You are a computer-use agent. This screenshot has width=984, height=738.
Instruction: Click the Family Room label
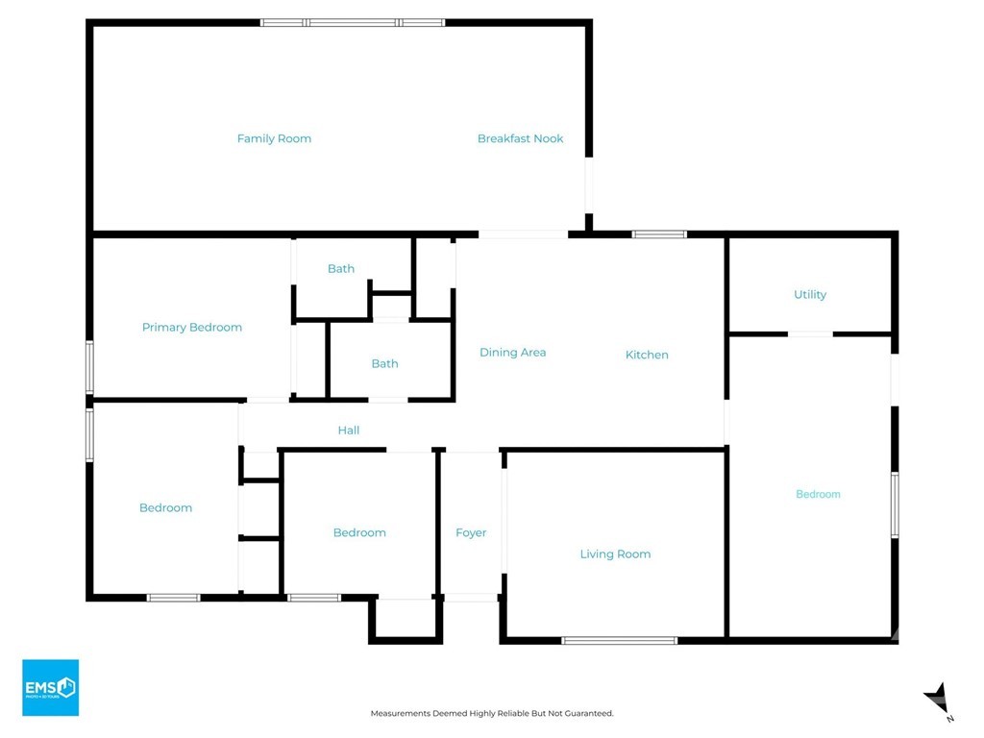pyautogui.click(x=274, y=138)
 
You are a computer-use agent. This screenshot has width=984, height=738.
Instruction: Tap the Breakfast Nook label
pyautogui.click(x=520, y=138)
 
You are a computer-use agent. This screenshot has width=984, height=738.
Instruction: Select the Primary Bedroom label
pyautogui.click(x=192, y=327)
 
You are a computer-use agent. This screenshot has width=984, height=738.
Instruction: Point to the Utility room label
pyautogui.click(x=810, y=294)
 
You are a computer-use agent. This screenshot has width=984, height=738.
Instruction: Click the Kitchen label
pyautogui.click(x=647, y=355)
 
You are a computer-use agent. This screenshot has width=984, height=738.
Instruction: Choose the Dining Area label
pyautogui.click(x=513, y=353)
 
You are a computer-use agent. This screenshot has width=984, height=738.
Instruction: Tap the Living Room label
pyautogui.click(x=615, y=554)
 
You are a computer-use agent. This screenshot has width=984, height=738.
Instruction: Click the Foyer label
pyautogui.click(x=471, y=532)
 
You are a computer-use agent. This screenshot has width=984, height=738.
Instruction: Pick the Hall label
pyautogui.click(x=348, y=430)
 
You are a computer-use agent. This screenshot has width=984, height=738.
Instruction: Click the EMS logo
pyautogui.click(x=51, y=687)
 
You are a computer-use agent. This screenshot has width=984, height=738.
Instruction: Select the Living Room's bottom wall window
pyautogui.click(x=620, y=641)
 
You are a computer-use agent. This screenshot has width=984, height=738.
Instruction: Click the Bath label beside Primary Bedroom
pyautogui.click(x=341, y=269)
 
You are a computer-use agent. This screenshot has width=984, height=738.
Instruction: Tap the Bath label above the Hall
pyautogui.click(x=384, y=363)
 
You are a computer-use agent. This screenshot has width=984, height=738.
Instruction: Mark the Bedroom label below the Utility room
pyautogui.click(x=818, y=494)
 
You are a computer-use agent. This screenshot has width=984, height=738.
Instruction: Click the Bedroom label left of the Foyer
pyautogui.click(x=359, y=532)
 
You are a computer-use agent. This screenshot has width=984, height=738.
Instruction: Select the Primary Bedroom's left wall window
pyautogui.click(x=89, y=367)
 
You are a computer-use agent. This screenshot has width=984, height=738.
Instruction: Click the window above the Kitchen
pyautogui.click(x=659, y=234)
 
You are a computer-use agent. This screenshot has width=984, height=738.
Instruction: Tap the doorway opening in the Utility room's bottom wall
pyautogui.click(x=810, y=333)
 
